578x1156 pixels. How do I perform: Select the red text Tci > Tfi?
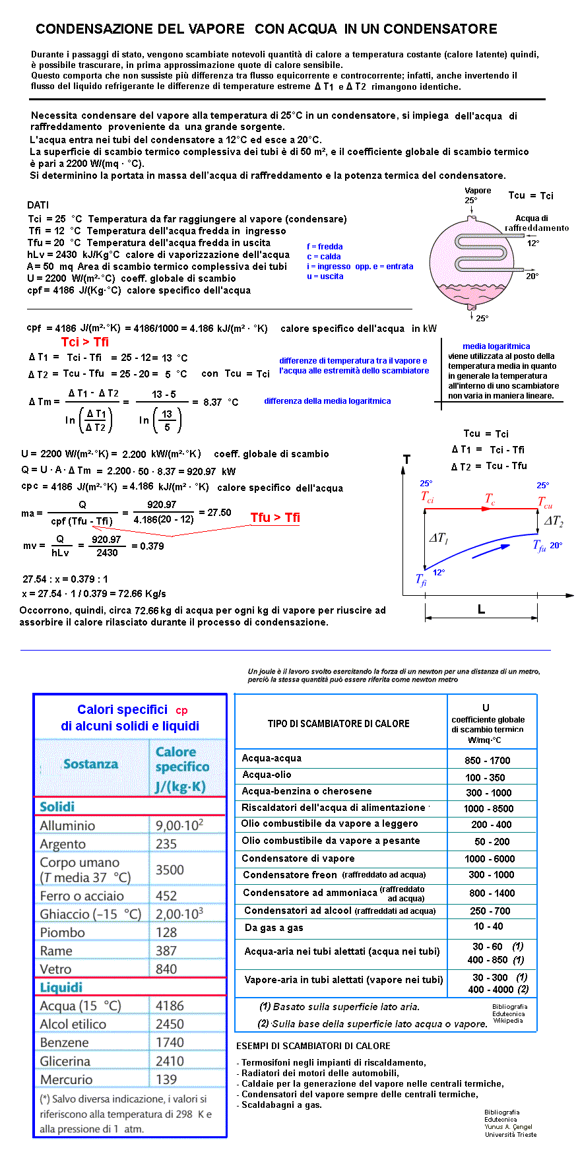click(85, 342)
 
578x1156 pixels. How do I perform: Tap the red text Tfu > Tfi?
click(275, 518)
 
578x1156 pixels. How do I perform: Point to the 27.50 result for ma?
click(219, 513)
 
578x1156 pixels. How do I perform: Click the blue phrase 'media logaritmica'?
click(496, 346)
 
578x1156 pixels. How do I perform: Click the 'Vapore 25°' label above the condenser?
click(477, 195)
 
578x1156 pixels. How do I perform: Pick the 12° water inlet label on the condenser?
click(533, 243)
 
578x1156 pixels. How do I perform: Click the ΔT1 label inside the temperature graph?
click(439, 538)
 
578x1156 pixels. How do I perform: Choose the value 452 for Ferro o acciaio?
click(166, 895)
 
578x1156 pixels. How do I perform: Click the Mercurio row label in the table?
click(66, 1079)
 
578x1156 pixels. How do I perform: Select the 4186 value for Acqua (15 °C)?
click(170, 1006)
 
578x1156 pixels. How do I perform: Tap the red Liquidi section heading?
click(61, 987)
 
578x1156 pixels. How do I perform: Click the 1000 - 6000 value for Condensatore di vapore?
click(490, 858)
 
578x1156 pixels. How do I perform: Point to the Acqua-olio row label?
click(267, 775)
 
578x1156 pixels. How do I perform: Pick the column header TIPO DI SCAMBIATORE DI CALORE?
click(338, 724)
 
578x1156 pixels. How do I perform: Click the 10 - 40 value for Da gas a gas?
click(488, 926)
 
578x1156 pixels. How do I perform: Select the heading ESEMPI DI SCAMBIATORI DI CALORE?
click(313, 1046)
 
